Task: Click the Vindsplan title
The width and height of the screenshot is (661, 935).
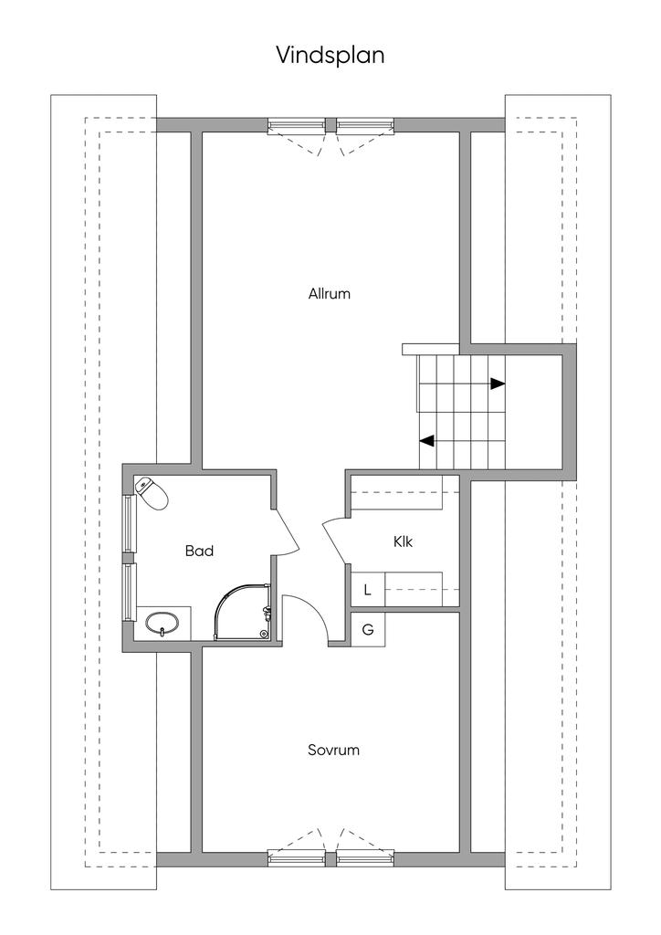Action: point(330,55)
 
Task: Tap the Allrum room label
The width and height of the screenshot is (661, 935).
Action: point(329,293)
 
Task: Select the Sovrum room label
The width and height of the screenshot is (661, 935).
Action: point(333,750)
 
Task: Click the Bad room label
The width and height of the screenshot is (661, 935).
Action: point(199,551)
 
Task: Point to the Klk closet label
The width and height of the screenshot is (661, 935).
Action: point(403,541)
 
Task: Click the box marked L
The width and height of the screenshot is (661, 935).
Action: point(368,590)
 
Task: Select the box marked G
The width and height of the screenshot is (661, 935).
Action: point(368,630)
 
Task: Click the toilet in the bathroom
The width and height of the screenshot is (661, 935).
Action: point(151,493)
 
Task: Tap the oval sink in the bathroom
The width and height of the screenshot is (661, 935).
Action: point(162,624)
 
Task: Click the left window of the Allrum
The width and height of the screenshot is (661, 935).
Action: point(296,124)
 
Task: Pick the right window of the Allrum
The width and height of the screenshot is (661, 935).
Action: point(365,124)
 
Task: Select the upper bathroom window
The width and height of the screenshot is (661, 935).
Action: point(128,523)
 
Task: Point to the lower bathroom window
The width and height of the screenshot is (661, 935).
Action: point(128,592)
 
